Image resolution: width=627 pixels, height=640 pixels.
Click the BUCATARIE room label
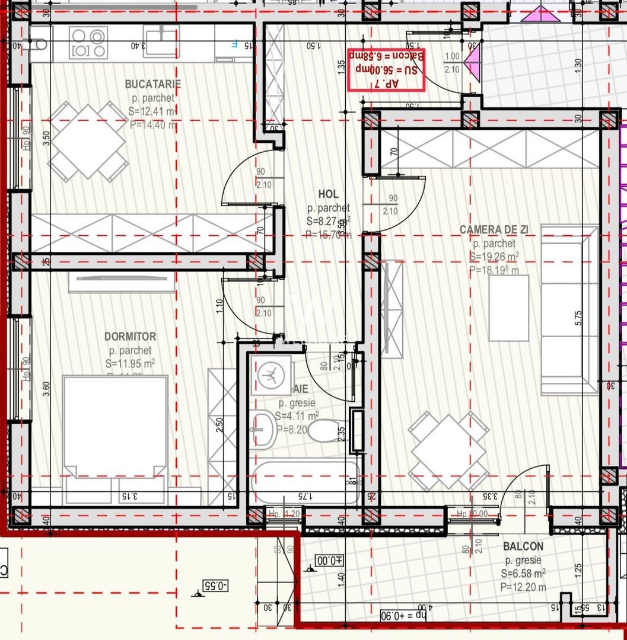point(153,84)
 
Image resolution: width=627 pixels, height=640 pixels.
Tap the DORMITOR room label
point(130,337)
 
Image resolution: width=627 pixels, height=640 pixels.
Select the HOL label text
point(328,194)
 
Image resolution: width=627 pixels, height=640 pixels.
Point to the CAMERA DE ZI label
point(494,230)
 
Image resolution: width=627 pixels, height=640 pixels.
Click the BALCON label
point(523,546)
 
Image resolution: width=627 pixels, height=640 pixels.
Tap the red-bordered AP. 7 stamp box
point(386,69)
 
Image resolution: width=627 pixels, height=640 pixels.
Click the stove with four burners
point(89,43)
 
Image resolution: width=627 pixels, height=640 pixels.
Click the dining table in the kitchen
point(88,141)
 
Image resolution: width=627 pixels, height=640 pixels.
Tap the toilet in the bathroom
point(323,431)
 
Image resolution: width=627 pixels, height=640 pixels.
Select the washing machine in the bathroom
point(271,375)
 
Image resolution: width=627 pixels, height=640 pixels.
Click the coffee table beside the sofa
point(508,308)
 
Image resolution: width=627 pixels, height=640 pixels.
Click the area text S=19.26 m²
point(494,257)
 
